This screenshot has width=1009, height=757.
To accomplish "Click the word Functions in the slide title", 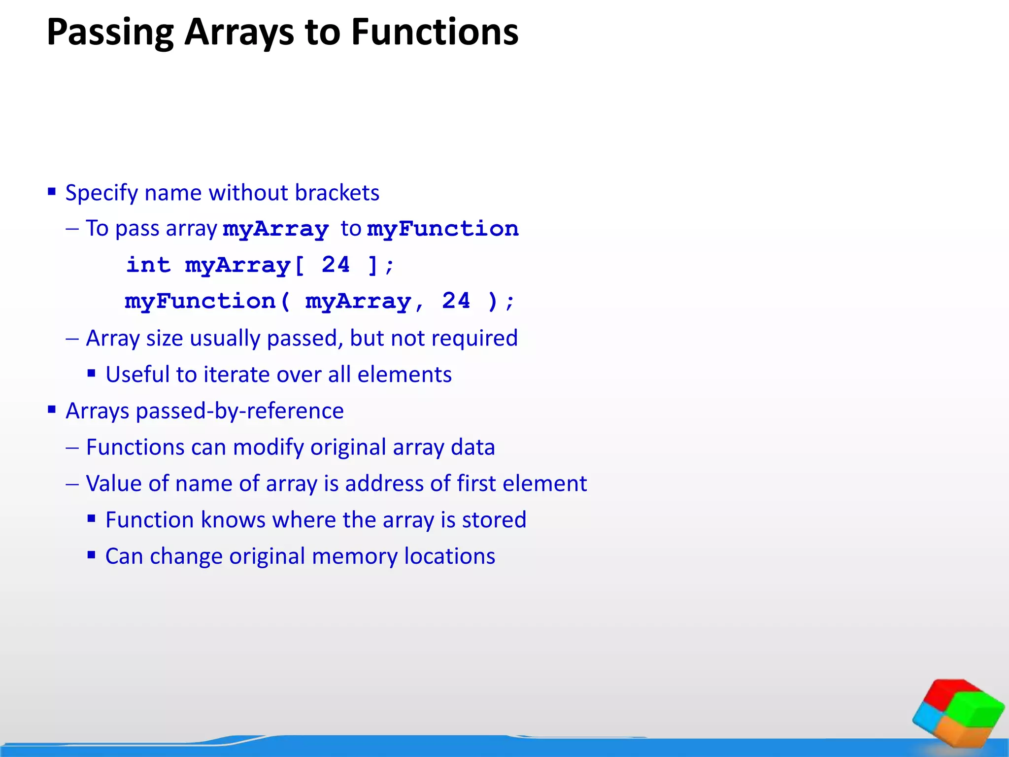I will [435, 33].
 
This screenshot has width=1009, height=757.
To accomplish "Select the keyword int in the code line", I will [148, 265].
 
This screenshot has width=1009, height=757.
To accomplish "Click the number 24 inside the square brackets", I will [336, 265].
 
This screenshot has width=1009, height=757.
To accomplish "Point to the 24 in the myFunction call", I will [456, 301].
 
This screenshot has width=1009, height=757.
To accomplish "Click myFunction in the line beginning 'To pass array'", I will [443, 229].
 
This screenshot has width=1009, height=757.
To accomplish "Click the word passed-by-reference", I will [239, 411].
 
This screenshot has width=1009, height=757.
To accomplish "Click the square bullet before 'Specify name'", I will [52, 191].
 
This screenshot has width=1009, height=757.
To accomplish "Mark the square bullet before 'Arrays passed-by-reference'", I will [52, 410].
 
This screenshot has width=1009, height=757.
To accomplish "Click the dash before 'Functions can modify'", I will [72, 447].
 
